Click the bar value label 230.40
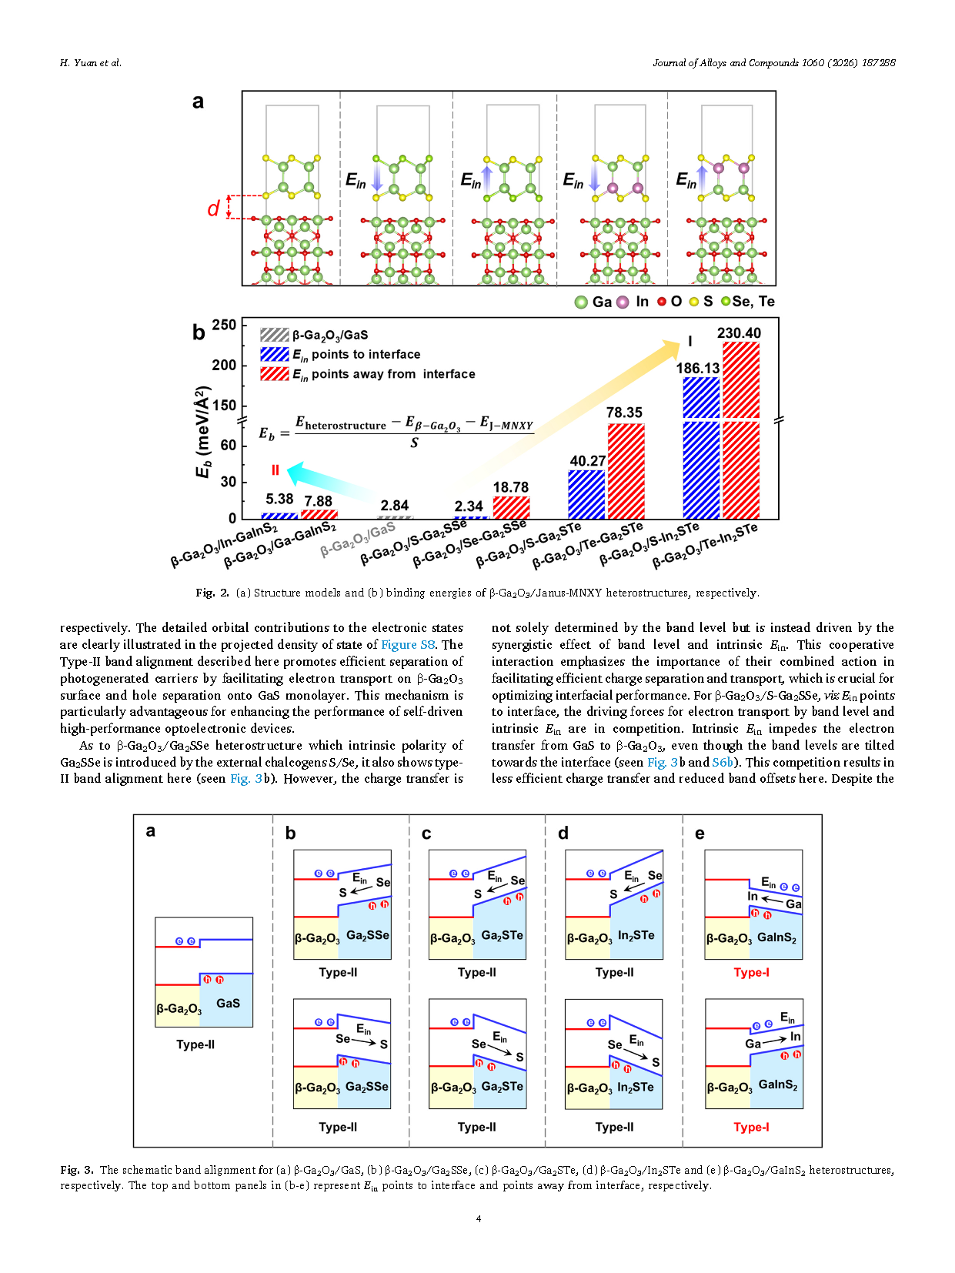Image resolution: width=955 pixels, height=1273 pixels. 739,333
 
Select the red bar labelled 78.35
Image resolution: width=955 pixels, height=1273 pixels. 626,470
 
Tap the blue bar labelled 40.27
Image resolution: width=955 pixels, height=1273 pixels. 586,493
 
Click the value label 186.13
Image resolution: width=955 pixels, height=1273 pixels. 698,369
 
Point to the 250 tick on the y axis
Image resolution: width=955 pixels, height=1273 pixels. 224,325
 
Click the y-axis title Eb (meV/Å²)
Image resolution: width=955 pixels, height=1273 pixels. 203,433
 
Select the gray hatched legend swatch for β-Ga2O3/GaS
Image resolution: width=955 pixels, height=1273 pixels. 274,335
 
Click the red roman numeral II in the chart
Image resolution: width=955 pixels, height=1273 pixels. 275,469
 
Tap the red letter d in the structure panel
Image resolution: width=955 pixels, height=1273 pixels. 213,209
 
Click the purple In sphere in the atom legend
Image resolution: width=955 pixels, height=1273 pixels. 623,302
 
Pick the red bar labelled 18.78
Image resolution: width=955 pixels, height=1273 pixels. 511,507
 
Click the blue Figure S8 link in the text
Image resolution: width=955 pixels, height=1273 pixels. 408,645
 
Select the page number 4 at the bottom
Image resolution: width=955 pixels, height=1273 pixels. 478,1218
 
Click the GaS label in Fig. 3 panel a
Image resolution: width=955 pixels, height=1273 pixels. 228,1003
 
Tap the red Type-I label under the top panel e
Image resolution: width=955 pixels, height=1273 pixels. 751,972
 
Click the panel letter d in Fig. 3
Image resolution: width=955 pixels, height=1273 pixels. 563,833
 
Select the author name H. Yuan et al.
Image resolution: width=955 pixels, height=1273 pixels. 91,63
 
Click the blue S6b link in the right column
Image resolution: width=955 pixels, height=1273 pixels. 723,762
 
